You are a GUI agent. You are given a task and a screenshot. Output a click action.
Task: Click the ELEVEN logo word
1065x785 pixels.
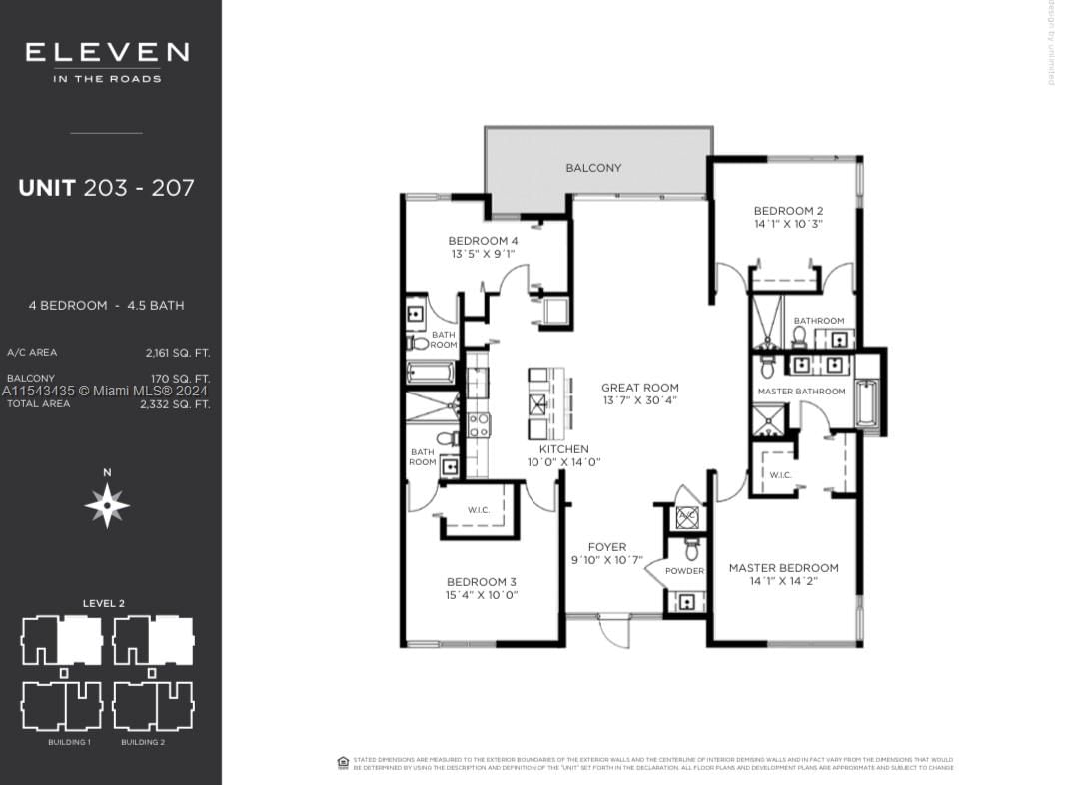(107, 53)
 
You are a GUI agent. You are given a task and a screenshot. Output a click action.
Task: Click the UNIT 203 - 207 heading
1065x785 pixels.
(106, 187)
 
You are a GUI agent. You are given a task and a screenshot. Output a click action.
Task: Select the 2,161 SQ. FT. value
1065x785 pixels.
(177, 353)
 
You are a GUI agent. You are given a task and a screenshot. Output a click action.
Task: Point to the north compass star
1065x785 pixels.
(107, 505)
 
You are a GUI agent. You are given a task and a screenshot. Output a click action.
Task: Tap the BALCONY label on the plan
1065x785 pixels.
(593, 168)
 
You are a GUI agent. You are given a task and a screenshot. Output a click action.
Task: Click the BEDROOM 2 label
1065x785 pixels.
(788, 211)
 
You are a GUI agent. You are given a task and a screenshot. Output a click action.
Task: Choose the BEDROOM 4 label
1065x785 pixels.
(483, 241)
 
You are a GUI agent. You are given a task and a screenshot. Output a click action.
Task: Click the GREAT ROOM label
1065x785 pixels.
(639, 388)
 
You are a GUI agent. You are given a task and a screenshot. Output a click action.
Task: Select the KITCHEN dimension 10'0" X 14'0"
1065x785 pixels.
(564, 462)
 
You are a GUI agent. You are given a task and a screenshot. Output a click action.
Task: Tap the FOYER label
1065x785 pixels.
(607, 547)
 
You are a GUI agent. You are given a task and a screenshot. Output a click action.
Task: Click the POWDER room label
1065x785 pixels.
(684, 571)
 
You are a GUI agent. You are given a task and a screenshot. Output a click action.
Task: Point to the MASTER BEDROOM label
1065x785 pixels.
(783, 568)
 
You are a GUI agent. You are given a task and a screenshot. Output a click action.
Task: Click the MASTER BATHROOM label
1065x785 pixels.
(801, 392)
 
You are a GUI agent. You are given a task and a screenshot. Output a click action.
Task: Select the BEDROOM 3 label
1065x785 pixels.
(482, 582)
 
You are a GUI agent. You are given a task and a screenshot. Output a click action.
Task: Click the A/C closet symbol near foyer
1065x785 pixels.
(687, 517)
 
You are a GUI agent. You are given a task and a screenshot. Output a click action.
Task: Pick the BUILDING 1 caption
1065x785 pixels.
(69, 743)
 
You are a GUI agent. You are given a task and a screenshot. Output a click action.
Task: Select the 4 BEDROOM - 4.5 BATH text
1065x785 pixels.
(106, 305)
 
